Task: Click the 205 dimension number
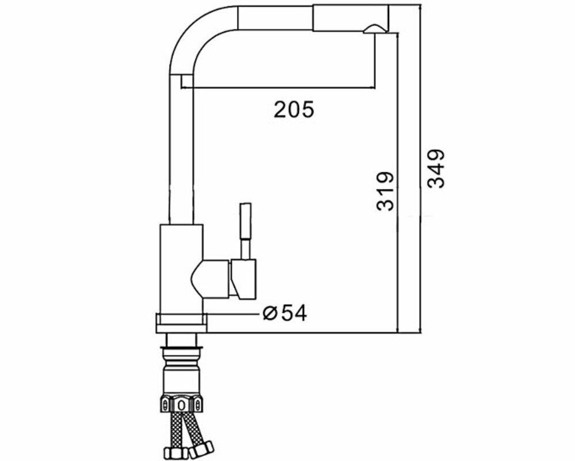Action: (x=294, y=109)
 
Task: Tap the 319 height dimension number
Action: (x=385, y=191)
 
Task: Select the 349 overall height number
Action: (x=436, y=168)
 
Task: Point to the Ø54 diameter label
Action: (x=284, y=313)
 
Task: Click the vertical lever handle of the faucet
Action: (x=246, y=231)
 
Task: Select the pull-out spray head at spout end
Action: (x=350, y=18)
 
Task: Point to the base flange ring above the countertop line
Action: (x=181, y=323)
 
